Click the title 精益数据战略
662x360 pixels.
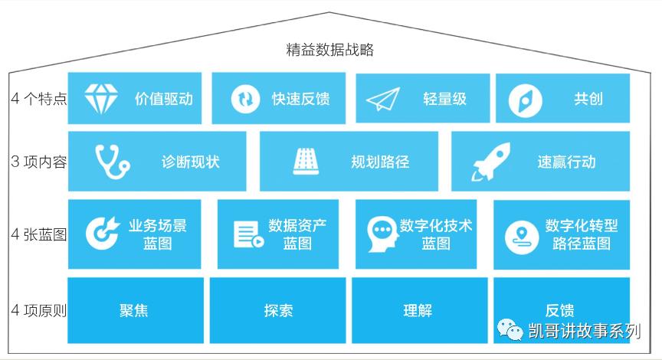(329, 50)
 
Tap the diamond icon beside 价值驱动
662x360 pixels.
(101, 98)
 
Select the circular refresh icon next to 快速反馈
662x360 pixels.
(245, 99)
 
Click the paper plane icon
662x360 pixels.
(382, 99)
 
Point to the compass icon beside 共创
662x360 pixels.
(525, 100)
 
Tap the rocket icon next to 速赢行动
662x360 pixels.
(490, 162)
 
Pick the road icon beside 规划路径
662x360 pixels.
(306, 162)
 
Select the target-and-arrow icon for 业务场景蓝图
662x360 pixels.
(103, 233)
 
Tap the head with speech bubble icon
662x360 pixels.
(383, 234)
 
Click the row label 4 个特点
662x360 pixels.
(39, 98)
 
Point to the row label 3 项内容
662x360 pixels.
(39, 162)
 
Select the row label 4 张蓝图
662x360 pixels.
(39, 234)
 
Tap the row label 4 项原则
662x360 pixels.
(39, 311)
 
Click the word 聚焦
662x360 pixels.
(134, 311)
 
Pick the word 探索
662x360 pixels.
(279, 311)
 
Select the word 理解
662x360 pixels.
(418, 311)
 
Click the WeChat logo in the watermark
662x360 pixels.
(510, 329)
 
